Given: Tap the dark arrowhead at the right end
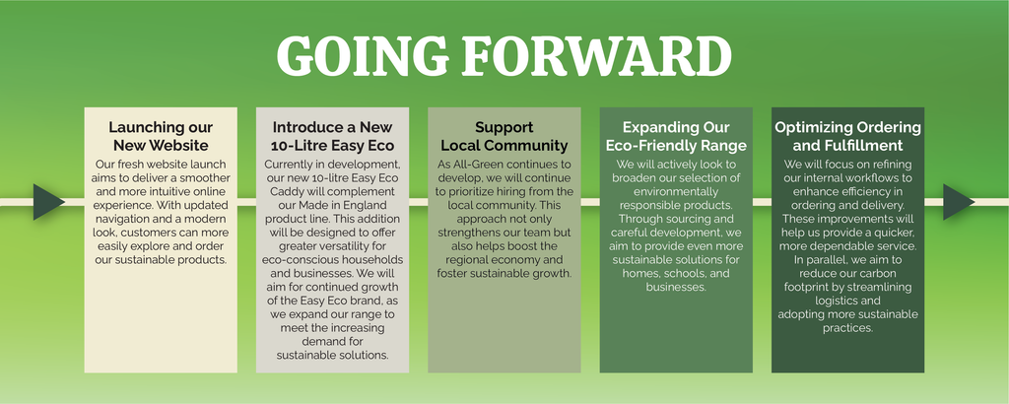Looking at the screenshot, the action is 959,202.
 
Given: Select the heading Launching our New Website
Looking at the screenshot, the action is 161,136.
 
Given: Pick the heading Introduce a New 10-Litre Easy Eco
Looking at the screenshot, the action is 333,136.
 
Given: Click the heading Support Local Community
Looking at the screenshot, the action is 504,136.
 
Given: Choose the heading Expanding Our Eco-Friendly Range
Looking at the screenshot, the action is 676,136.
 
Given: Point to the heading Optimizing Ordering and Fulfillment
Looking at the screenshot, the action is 848,136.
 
